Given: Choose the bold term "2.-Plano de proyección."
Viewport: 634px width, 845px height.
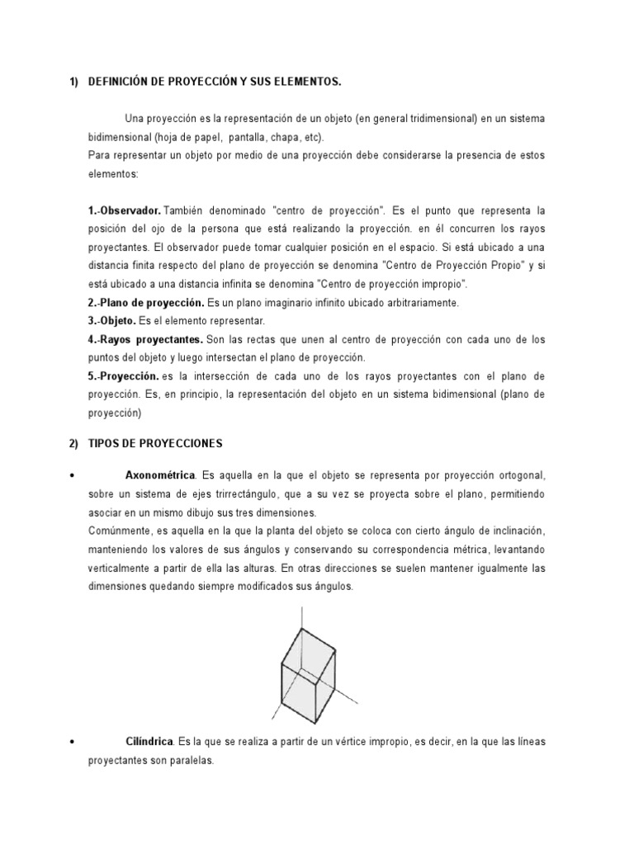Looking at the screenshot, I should (x=146, y=303).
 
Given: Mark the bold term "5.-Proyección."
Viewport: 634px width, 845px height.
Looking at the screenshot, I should (x=123, y=375).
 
